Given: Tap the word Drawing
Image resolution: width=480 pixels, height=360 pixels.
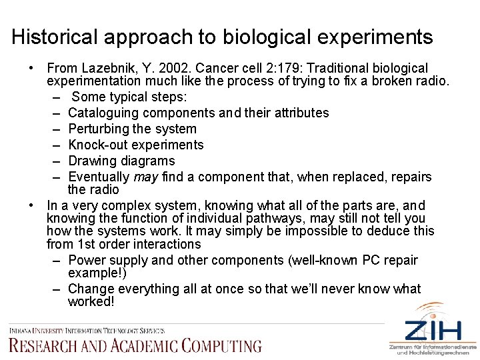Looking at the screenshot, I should pos(93,161).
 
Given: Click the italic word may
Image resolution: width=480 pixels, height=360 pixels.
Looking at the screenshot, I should pos(145,177).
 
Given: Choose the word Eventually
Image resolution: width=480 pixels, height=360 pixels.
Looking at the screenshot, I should pos(99,177).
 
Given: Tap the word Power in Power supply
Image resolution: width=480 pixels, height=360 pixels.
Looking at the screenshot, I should pos(85,260).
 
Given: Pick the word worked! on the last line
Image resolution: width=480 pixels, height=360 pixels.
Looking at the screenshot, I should pos(91,302).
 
